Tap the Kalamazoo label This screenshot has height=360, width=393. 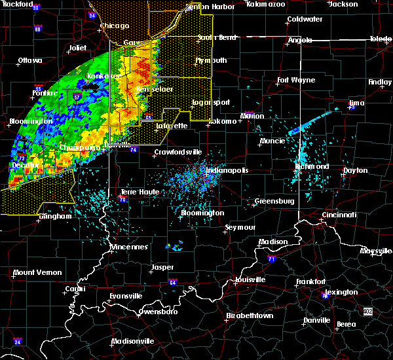click(266, 4)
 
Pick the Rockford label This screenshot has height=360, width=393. click(18, 4)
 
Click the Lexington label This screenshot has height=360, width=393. click(341, 292)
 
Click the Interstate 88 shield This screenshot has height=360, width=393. click(37, 29)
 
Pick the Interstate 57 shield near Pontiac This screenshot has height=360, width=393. click(77, 98)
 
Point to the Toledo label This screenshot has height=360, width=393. click(380, 39)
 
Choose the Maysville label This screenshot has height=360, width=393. click(376, 251)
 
